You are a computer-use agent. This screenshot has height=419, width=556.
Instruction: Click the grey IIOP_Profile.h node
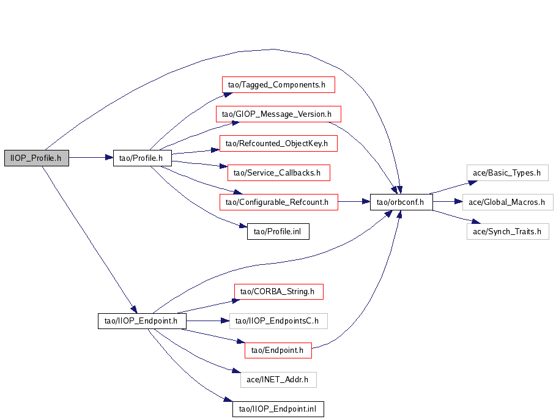pos(36,158)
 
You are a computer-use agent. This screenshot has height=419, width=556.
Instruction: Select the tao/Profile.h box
pos(142,158)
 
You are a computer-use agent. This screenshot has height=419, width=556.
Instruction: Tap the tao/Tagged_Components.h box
pos(278,84)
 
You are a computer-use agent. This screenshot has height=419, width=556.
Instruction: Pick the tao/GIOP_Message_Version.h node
pos(278,114)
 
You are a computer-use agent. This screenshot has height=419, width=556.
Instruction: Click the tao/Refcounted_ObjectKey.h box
pos(278,144)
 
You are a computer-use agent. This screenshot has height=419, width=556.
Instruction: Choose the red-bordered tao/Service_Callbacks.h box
pos(278,172)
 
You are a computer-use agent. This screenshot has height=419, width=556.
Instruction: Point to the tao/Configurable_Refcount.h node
pos(278,202)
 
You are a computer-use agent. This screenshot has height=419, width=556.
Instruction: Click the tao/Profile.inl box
pos(278,231)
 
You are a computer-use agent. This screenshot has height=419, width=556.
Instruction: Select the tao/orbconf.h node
pos(401,202)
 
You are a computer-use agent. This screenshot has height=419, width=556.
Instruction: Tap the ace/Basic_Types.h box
pos(506,172)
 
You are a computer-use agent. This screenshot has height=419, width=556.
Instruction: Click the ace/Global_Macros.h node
pos(510,202)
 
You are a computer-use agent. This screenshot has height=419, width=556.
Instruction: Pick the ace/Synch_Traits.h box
pos(508,231)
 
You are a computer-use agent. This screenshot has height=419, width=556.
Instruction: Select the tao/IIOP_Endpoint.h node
pos(142,321)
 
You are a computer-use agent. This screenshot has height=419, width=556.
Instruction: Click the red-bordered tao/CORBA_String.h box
pos(278,291)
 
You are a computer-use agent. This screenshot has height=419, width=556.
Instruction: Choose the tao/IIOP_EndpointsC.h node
pos(278,321)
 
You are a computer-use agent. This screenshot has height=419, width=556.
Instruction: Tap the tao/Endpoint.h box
pos(278,350)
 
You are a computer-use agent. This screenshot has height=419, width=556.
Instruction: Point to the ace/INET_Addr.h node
pos(278,380)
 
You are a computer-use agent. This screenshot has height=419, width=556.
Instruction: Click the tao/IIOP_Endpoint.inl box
pos(278,409)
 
